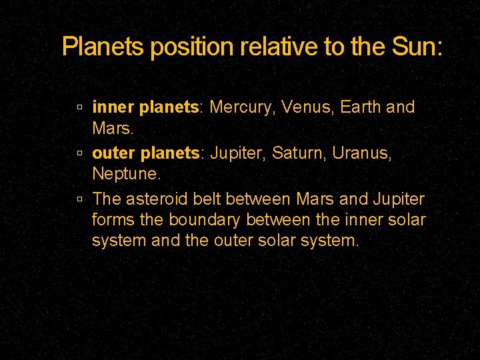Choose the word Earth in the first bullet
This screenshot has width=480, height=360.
361,107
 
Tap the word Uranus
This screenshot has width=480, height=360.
362,153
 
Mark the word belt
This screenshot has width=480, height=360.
209,199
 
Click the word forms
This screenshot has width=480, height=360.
111,219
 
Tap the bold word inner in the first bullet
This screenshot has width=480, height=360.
113,107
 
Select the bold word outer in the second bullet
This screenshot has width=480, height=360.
113,153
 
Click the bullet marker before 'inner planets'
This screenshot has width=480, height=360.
79,107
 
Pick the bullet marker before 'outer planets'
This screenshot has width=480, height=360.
79,153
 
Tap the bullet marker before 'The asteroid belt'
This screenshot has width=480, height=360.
79,199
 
